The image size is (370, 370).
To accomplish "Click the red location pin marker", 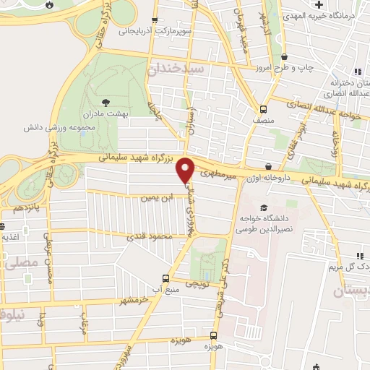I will (186, 170).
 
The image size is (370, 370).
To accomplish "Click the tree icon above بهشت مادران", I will (107, 102).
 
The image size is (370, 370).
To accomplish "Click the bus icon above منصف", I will (262, 111).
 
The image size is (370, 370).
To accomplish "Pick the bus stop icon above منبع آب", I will (166, 278).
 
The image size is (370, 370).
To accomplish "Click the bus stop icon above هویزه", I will (212, 335).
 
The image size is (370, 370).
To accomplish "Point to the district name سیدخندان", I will (177, 69).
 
